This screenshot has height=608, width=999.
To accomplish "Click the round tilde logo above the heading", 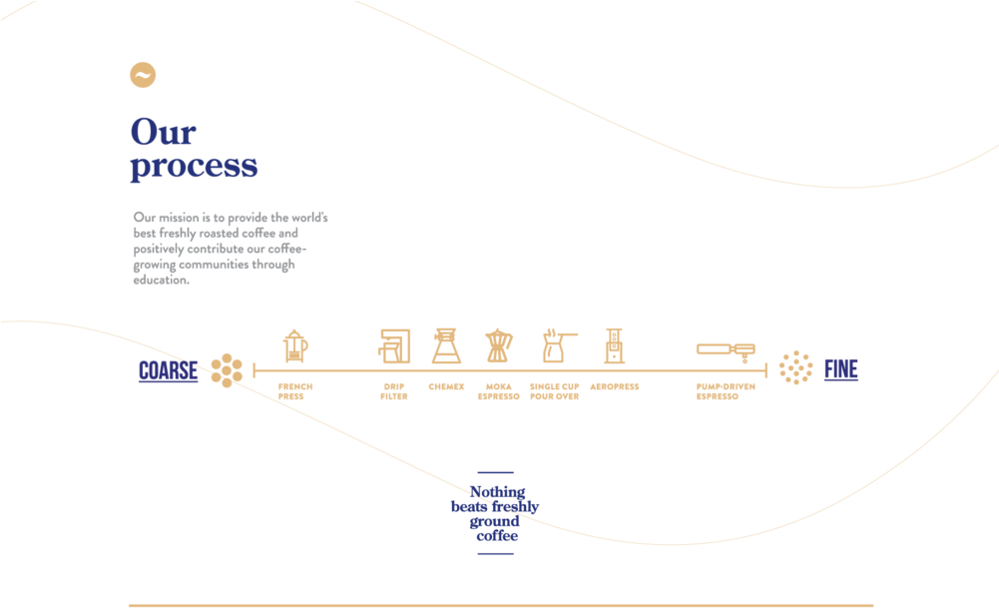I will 144,75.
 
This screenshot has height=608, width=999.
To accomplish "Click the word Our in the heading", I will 163,132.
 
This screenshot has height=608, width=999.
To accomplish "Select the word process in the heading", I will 194,166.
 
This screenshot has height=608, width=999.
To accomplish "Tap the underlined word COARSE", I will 168,371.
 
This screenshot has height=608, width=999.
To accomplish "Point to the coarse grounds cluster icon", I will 227,370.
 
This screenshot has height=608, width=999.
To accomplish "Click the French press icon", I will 294,345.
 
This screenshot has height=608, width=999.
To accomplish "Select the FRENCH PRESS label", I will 294,391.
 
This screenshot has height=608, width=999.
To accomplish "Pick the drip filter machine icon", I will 394,346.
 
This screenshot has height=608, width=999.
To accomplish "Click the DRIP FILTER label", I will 394,391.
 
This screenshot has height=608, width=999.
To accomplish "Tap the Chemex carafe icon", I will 446,345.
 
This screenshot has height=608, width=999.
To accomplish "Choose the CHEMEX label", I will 446,386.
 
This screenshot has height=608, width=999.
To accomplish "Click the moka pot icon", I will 497,345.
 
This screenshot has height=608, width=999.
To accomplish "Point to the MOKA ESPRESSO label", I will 498,391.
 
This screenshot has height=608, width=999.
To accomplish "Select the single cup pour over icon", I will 554,345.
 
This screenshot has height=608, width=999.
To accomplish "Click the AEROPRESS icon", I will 614,345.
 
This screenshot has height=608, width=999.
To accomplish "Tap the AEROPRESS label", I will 614,386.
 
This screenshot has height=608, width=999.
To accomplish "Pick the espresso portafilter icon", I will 726,348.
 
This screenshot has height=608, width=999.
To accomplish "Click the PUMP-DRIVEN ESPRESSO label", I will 725,391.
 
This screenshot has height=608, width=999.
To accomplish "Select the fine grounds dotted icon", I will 795,368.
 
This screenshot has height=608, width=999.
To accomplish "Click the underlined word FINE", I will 840,370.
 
